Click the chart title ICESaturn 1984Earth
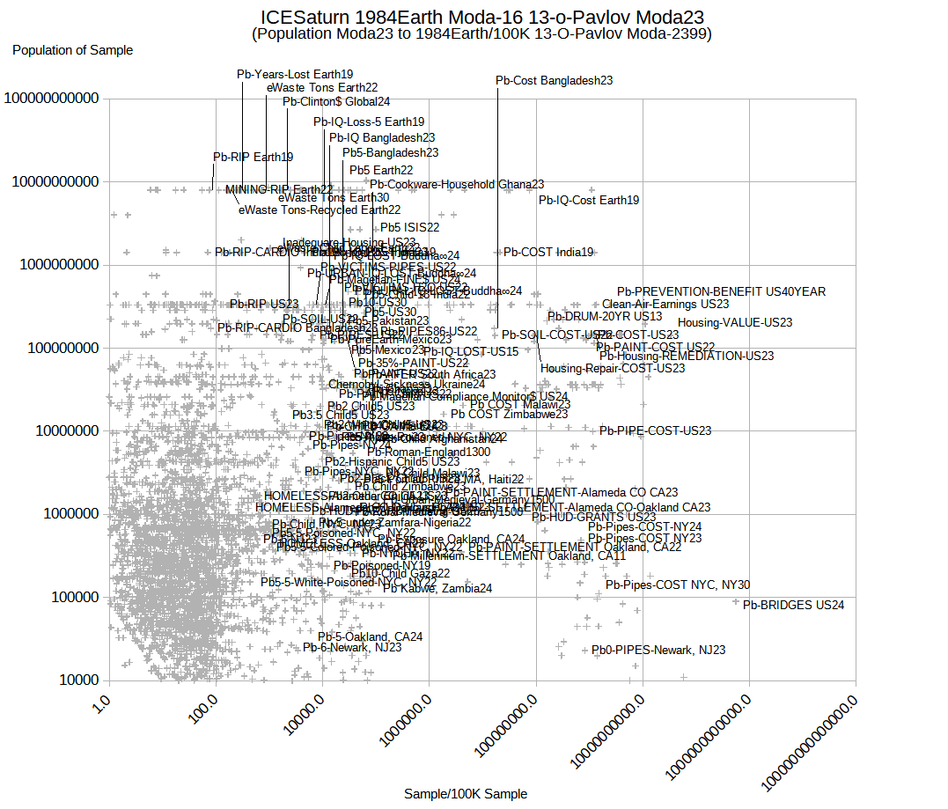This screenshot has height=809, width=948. click(482, 17)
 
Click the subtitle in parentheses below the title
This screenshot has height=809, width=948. click(481, 34)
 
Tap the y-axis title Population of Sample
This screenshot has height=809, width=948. click(73, 50)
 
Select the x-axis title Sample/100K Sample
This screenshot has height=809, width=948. click(466, 794)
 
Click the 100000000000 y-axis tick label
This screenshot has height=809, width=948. click(51, 99)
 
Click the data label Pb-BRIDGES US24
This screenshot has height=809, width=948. click(793, 605)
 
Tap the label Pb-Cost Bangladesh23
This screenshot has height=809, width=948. click(555, 80)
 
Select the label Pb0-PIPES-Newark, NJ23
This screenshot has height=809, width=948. click(658, 650)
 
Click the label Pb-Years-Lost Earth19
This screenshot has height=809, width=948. click(295, 74)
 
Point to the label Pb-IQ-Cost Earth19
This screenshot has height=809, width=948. click(589, 200)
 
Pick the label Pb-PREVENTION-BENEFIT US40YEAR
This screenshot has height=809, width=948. click(721, 291)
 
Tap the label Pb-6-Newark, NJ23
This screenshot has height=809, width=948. click(352, 647)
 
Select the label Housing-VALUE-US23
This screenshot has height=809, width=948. click(735, 323)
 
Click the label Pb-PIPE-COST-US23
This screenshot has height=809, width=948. click(655, 430)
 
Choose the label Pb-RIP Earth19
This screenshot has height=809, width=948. click(254, 157)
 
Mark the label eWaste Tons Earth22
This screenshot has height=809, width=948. click(322, 87)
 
